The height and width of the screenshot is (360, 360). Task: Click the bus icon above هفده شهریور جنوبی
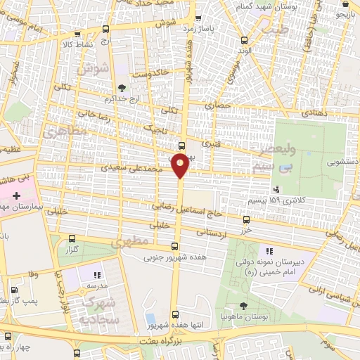(x=175, y=246)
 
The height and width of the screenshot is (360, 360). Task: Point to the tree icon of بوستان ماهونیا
(x=243, y=306)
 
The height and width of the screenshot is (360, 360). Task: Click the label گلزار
(x=70, y=250)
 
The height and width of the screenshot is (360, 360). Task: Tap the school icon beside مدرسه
(x=98, y=275)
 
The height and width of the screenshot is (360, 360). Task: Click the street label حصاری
(x=217, y=105)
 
